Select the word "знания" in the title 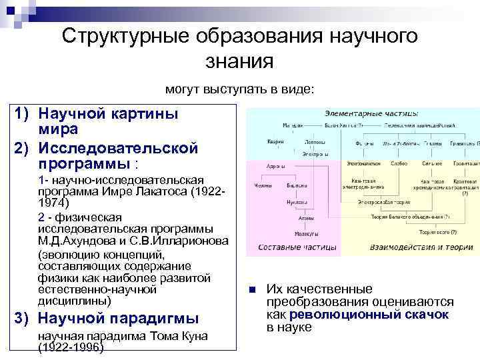point(241,61)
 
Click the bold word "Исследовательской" point(118,148)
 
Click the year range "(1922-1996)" point(71,348)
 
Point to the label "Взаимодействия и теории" point(409,247)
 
